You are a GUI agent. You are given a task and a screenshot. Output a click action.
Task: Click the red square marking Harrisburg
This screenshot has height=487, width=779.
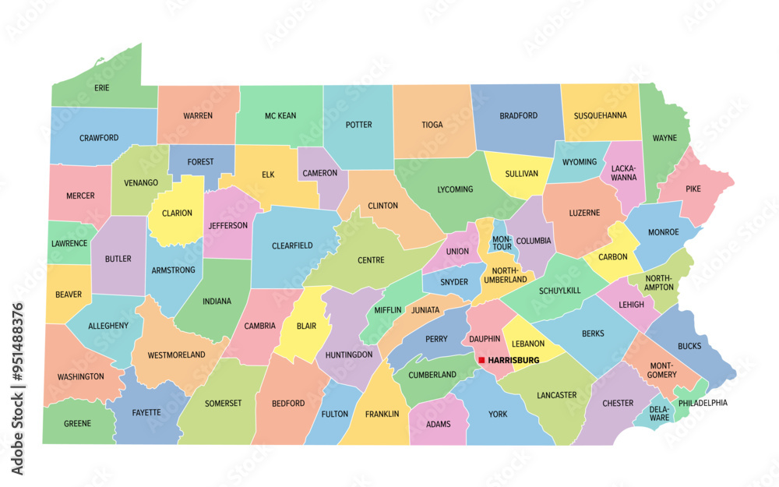pos(481,360)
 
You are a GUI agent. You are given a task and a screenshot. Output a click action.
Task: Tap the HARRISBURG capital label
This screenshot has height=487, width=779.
pos(513,360)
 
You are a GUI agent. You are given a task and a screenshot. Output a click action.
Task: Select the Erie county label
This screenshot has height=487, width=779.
pos(102,88)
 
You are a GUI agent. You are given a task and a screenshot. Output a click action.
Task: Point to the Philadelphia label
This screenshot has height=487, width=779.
pos(703,403)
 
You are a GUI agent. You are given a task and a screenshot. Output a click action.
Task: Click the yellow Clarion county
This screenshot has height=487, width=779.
pos(177,213)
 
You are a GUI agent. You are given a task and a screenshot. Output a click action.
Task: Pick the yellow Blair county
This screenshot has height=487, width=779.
pos(307,326)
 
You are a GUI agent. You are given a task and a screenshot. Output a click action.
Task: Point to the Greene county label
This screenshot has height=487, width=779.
pos(78,424)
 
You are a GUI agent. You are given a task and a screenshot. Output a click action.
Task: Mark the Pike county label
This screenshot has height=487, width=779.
pos(693,189)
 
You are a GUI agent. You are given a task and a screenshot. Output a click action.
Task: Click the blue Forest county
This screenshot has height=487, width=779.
pos(200,162)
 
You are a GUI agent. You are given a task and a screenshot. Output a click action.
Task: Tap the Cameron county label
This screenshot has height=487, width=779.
pos(320,173)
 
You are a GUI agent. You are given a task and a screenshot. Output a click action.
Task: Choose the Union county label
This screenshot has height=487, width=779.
pos(457,252)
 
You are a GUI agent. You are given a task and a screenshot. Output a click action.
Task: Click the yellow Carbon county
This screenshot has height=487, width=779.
pos(613,256)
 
